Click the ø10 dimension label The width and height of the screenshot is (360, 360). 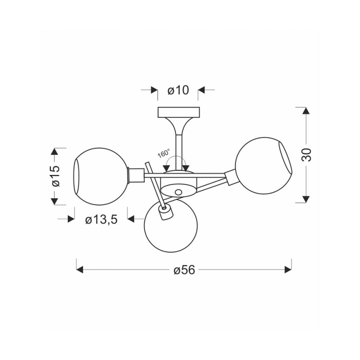click(x=178, y=90)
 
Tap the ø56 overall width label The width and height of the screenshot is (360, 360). click(x=184, y=270)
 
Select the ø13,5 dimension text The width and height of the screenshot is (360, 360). click(x=101, y=219)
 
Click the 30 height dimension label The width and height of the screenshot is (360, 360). click(x=306, y=155)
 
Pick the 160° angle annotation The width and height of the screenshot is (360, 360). click(x=163, y=153)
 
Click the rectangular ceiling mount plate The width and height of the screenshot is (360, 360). click(x=178, y=112)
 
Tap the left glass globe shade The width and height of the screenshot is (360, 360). click(x=101, y=176)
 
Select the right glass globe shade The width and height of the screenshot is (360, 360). click(x=263, y=165)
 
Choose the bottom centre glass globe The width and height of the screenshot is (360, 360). click(x=171, y=226)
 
